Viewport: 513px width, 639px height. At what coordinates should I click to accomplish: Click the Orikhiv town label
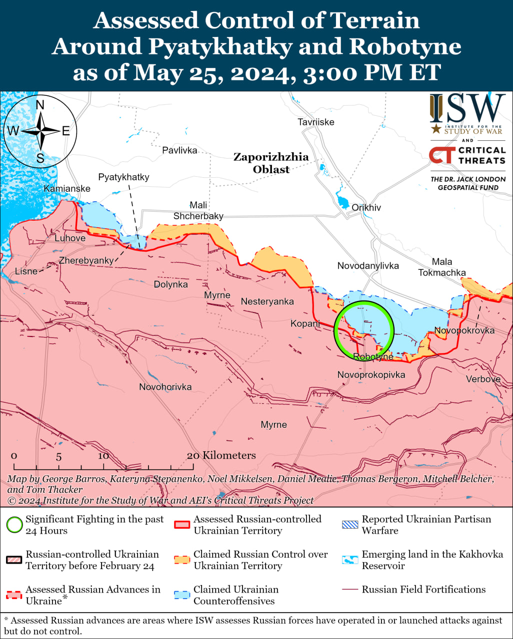pyautogui.click(x=366, y=208)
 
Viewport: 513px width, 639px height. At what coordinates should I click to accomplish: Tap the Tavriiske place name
pyautogui.click(x=315, y=122)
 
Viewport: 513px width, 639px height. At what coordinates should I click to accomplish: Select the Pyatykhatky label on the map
pyautogui.click(x=123, y=177)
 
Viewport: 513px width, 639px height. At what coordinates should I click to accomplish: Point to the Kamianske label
pyautogui.click(x=67, y=189)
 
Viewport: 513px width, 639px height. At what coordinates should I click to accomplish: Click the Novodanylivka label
pyautogui.click(x=368, y=266)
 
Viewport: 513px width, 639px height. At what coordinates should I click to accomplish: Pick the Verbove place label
pyautogui.click(x=483, y=379)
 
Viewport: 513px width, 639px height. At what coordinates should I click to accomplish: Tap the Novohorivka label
pyautogui.click(x=165, y=387)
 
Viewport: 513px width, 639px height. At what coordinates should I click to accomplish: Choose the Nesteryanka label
pyautogui.click(x=267, y=302)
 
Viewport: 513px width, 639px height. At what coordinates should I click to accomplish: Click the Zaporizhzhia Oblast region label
pyautogui.click(x=271, y=163)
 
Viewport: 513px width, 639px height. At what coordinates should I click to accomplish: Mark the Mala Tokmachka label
pyautogui.click(x=442, y=267)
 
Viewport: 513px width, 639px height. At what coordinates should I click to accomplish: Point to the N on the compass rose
pyautogui.click(x=40, y=105)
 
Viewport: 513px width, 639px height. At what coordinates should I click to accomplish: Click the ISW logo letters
pyautogui.click(x=467, y=109)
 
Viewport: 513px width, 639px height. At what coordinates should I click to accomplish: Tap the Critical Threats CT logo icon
pyautogui.click(x=441, y=155)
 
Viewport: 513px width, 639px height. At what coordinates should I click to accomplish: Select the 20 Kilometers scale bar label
pyautogui.click(x=221, y=455)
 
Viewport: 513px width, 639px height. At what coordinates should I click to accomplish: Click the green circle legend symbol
pyautogui.click(x=14, y=525)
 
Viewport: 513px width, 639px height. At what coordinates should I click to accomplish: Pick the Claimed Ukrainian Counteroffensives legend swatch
pyautogui.click(x=182, y=595)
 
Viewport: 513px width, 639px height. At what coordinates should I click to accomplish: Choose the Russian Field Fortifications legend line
pyautogui.click(x=350, y=590)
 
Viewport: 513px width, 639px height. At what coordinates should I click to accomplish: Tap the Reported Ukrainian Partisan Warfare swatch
pyautogui.click(x=350, y=525)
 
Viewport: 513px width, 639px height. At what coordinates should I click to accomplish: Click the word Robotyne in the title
pyautogui.click(x=405, y=46)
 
